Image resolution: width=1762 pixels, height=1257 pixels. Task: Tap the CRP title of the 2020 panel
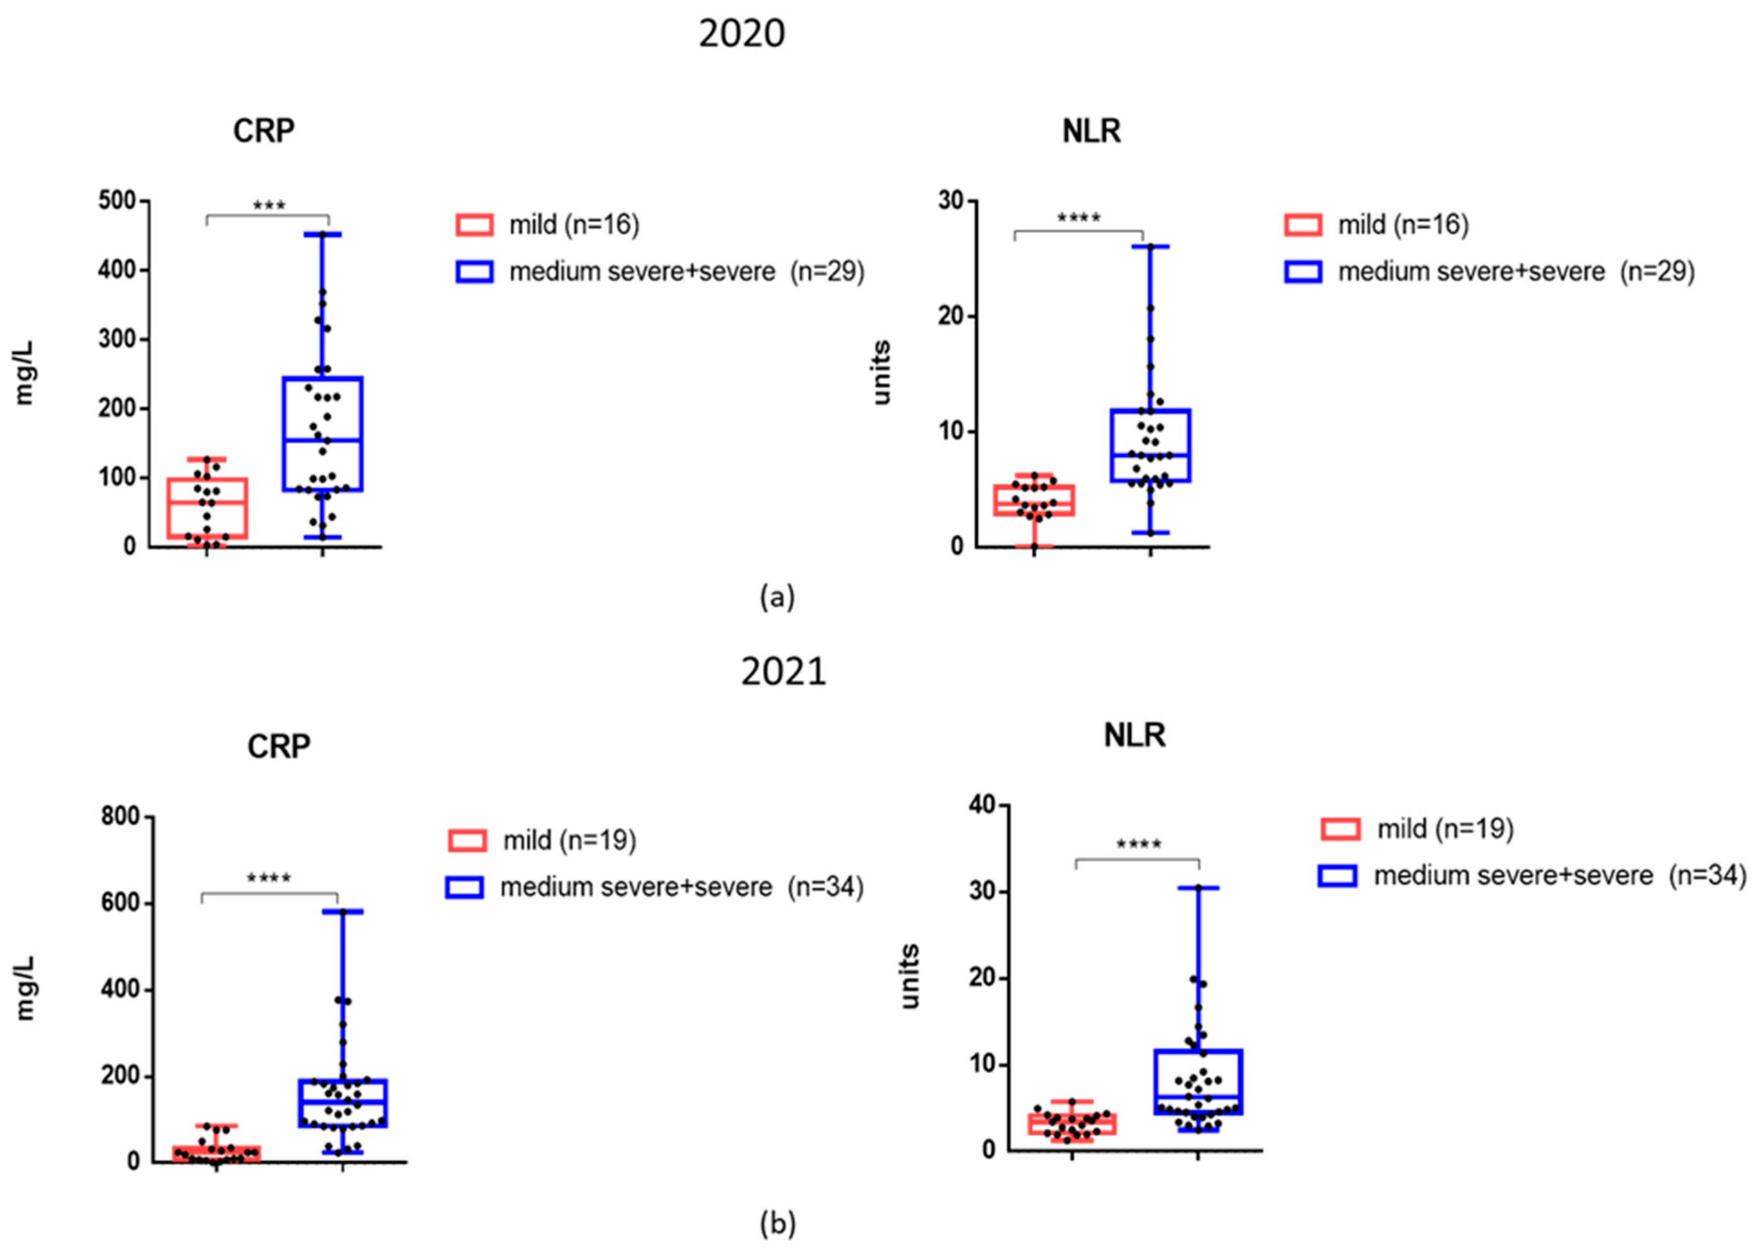pos(263,131)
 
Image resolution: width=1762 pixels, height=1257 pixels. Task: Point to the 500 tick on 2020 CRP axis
pos(117,201)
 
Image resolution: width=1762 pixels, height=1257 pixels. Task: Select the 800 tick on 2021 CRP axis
pos(120,817)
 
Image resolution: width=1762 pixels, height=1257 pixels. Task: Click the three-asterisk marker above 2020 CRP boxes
pos(268,206)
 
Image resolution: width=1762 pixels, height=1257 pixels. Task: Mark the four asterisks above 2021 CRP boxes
pos(268,879)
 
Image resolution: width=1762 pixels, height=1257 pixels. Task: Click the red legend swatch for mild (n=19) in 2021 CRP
pos(467,840)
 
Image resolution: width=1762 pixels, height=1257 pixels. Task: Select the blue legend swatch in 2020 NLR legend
pos(1302,272)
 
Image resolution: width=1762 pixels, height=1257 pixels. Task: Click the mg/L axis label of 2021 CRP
pos(25,989)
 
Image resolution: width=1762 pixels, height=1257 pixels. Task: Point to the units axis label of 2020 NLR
pos(881,373)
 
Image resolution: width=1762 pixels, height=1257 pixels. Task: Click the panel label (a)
pos(776,597)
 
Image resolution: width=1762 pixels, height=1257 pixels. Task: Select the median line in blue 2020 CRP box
pos(323,440)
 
